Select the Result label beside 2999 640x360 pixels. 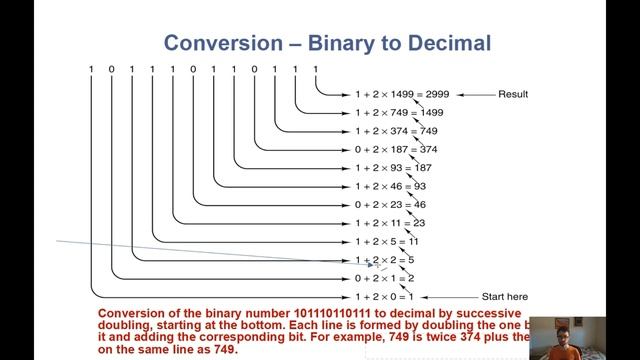511,95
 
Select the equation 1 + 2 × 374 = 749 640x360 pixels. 397,131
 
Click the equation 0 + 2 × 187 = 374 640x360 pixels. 397,149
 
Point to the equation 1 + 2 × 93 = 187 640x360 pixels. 394,168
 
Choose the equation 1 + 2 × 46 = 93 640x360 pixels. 391,186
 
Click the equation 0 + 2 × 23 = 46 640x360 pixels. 391,204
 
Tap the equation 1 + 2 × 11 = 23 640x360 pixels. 391,223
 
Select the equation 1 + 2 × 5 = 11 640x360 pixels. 389,241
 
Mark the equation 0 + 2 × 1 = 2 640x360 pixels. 386,278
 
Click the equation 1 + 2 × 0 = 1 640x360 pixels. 386,297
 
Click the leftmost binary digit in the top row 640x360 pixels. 91,68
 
